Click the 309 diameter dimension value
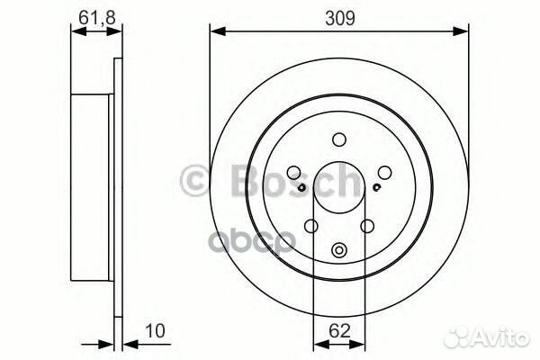pos(339,18)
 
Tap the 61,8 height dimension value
pos(97,17)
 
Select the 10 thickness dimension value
pos(155,331)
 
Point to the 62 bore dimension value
pos(339,331)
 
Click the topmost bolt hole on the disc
pos(339,139)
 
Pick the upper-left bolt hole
pos(293,172)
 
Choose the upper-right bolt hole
pos(384,172)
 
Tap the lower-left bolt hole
pos(311,226)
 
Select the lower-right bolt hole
pos(367,226)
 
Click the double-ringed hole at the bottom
pos(339,250)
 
